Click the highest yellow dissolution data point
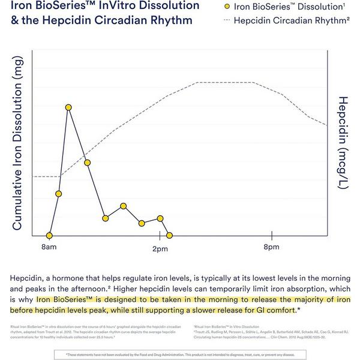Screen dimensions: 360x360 [x=68, y=107]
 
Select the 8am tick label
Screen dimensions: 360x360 [x=49, y=247]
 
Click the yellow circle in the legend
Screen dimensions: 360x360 [x=227, y=7]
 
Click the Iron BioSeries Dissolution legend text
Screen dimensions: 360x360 [x=282, y=7]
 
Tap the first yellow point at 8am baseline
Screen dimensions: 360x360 [x=49, y=236]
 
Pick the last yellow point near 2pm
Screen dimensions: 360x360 [x=170, y=236]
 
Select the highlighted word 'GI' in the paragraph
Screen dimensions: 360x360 [x=261, y=310]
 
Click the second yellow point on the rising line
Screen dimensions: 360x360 [x=58, y=194]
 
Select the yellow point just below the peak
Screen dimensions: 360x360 [x=87, y=163]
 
